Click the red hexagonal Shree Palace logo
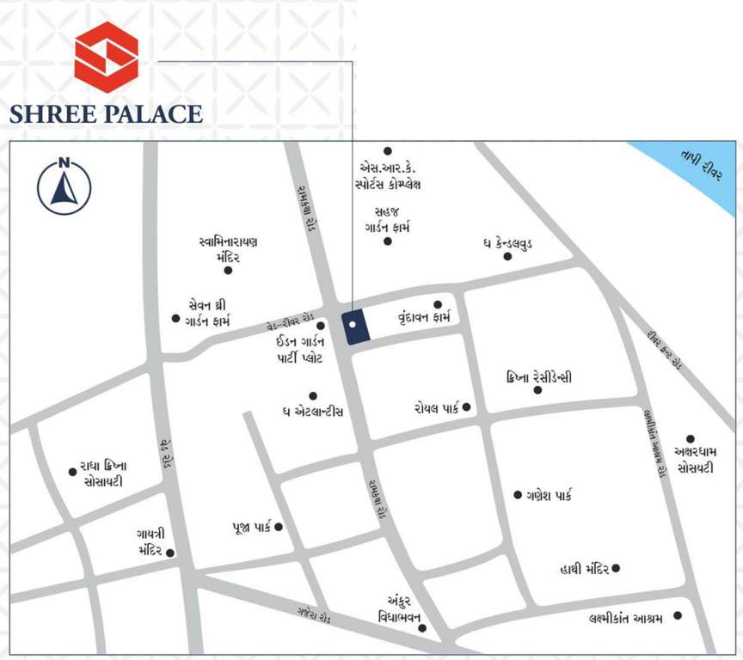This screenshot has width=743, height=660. (x=106, y=57)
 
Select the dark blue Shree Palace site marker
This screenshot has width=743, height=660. (x=354, y=327)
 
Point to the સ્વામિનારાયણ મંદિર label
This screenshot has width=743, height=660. (x=227, y=249)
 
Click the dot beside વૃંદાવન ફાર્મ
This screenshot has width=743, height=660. (x=438, y=304)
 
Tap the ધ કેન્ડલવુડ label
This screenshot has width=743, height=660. (x=507, y=245)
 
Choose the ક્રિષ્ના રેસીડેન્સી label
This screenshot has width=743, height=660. (x=540, y=377)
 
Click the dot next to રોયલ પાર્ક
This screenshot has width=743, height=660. (x=467, y=406)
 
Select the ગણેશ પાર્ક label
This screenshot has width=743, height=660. (x=549, y=495)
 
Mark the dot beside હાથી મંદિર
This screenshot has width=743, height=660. (x=616, y=568)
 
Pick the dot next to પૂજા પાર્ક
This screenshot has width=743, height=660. (x=279, y=527)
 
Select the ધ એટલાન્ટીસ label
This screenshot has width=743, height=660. (x=312, y=412)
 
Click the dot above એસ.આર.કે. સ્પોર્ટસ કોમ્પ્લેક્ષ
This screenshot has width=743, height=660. (x=388, y=150)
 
